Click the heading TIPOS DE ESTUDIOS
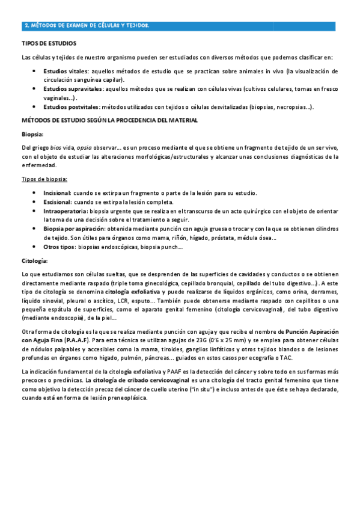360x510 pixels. point(49,44)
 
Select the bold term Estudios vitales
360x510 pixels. point(66,71)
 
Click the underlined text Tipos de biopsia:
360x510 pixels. point(44,179)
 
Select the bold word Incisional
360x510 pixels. point(57,193)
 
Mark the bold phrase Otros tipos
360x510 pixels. point(60,247)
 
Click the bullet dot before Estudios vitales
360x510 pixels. point(34,71)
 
